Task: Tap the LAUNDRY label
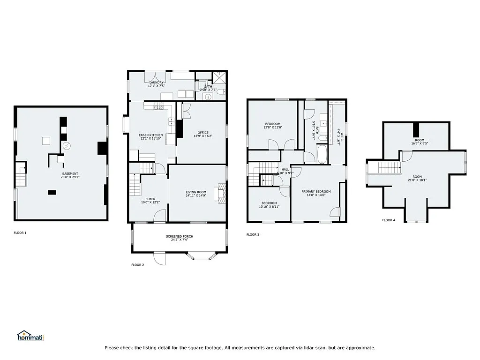156,82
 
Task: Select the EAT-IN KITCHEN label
150,135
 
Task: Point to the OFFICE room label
203,133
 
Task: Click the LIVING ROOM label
195,192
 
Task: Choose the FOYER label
150,199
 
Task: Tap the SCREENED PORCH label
180,236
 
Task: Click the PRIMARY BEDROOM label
316,191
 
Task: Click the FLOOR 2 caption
137,265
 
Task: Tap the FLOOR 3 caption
253,234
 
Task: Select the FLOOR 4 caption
388,220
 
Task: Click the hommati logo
30,336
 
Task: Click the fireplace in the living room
219,193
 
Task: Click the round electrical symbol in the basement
67,146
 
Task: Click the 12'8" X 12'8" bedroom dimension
272,127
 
